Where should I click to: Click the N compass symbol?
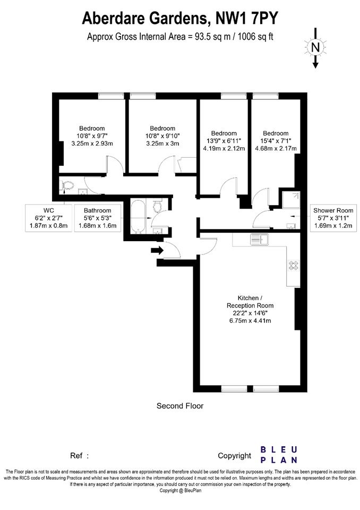(315, 48)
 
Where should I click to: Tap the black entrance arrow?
(157, 250)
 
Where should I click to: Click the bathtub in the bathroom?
(138, 217)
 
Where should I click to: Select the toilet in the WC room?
(67, 186)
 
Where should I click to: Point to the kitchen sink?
(259, 240)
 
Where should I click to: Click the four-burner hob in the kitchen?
(293, 266)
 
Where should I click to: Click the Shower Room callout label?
(333, 218)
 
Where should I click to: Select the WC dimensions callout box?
(49, 218)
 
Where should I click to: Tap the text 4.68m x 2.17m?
(276, 149)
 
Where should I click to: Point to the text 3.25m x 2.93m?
(92, 143)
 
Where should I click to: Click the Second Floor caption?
(180, 406)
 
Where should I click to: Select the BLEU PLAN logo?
(279, 455)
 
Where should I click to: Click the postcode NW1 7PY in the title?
(247, 18)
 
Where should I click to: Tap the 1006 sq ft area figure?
(255, 37)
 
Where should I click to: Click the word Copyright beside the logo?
(235, 456)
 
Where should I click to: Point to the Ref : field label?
(79, 456)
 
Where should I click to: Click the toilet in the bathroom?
(157, 206)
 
